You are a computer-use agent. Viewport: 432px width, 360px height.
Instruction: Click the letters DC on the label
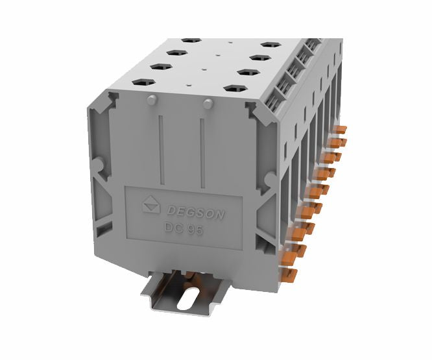pos(173,228)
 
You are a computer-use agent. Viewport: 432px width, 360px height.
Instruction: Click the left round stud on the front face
pos(151,99)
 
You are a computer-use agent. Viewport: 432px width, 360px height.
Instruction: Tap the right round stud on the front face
pos(208,104)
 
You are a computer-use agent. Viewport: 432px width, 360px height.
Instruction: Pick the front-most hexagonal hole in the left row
pos(143,82)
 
